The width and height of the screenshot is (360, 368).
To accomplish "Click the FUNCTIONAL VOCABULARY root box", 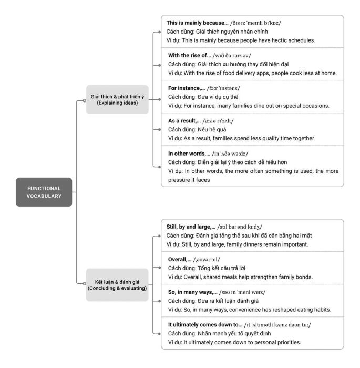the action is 44,192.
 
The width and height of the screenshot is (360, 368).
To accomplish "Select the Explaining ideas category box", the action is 117,99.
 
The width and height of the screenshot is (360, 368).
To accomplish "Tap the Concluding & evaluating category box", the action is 117,285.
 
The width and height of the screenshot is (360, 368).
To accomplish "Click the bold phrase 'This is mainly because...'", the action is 197,23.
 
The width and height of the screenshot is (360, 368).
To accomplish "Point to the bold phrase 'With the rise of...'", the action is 189,55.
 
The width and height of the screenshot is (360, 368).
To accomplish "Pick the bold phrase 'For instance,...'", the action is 187,88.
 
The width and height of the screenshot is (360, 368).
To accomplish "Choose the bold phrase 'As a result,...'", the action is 184,121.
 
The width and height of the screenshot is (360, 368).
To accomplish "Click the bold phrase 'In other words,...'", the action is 189,154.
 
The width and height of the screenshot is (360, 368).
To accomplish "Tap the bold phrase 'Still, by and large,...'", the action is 191,227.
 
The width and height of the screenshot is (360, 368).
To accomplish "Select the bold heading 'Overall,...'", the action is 180,260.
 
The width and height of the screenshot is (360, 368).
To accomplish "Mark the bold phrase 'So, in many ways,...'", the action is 192,292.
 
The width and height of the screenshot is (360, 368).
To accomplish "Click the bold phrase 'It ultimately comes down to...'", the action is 205,325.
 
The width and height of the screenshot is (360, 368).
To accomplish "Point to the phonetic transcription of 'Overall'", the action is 207,260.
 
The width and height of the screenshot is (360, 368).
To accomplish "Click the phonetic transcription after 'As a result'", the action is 218,121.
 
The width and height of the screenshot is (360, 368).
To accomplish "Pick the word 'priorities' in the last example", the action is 289,343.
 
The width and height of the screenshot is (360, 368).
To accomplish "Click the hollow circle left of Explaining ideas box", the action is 84,101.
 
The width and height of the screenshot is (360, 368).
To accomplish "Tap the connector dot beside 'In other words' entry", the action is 160,167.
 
